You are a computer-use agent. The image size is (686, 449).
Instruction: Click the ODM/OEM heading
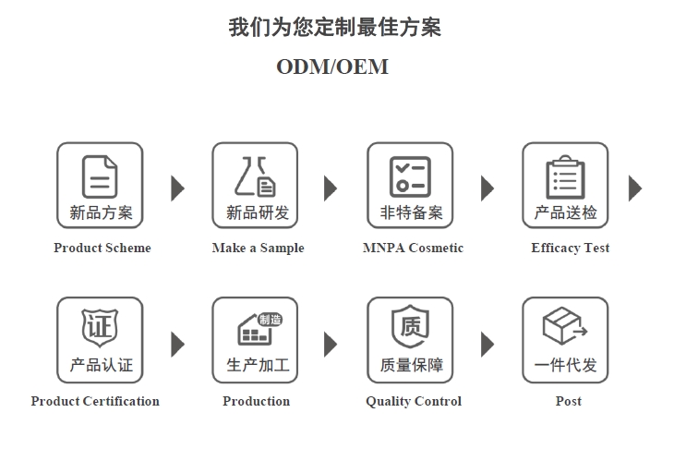tap(332, 67)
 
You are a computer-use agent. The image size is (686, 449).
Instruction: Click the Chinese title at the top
tap(334, 27)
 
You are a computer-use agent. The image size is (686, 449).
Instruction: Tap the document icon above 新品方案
tap(100, 176)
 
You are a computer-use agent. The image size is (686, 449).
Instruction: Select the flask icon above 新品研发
tap(256, 176)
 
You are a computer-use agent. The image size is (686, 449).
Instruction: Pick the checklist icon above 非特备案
tap(410, 176)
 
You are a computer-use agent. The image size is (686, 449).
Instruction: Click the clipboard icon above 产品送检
tap(565, 177)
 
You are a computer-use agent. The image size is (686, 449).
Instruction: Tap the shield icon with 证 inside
tap(101, 328)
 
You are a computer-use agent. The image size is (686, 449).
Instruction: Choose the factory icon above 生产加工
tap(259, 329)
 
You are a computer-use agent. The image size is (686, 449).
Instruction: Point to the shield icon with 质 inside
tap(410, 326)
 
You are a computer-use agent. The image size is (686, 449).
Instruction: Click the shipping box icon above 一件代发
tap(565, 326)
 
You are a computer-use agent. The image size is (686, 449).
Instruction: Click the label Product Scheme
tap(102, 249)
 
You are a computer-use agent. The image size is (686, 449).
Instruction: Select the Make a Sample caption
tap(259, 249)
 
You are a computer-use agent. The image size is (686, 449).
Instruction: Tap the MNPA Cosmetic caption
tap(413, 249)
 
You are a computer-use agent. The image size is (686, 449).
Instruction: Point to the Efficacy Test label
tap(570, 249)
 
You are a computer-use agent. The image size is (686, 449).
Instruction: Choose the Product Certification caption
tap(95, 401)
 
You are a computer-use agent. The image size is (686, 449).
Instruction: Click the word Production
tap(257, 401)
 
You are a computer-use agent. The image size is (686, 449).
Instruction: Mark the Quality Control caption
tap(414, 401)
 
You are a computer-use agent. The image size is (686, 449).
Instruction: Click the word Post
tap(569, 401)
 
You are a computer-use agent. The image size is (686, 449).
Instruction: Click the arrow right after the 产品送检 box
tap(635, 188)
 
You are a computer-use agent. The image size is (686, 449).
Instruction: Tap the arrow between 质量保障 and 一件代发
tap(487, 345)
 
